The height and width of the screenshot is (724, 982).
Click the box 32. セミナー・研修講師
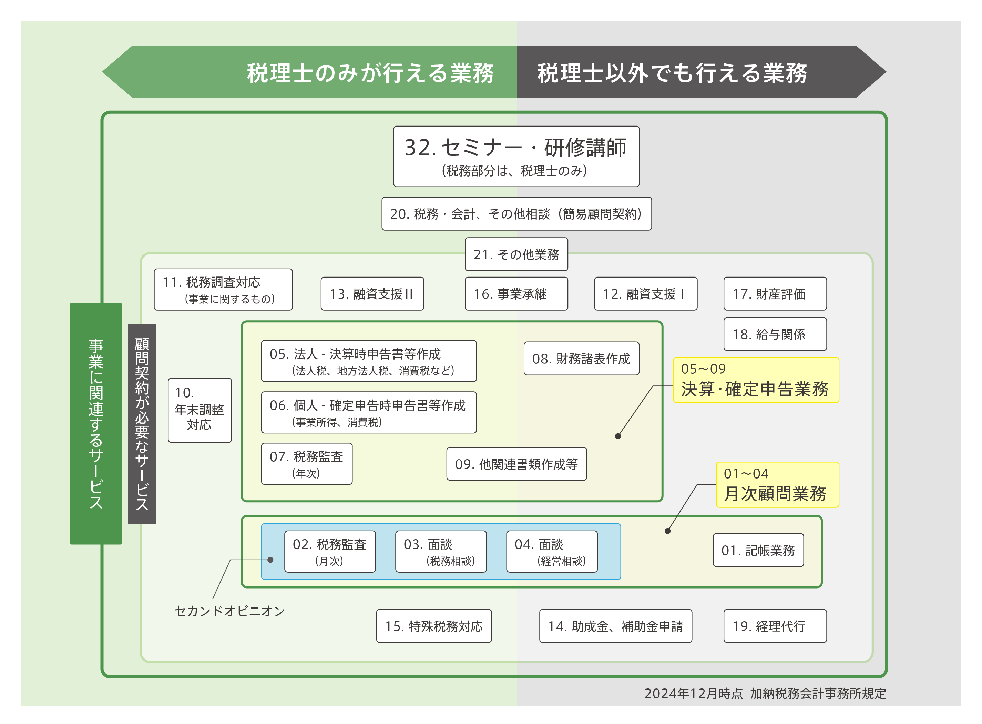[x=516, y=156]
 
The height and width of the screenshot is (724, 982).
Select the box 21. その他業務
[x=516, y=254]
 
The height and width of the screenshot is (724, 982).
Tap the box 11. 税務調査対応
[x=223, y=289]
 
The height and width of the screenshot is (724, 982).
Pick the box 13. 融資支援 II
[x=372, y=294]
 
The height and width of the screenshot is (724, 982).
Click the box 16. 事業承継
[x=516, y=294]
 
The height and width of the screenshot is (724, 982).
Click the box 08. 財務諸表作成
[x=581, y=359]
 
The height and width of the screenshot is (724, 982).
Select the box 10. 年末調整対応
[x=200, y=410]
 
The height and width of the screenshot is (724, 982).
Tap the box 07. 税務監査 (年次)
[x=307, y=464]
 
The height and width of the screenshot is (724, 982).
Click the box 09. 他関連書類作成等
[x=516, y=464]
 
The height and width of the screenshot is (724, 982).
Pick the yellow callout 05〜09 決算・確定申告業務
[x=756, y=380]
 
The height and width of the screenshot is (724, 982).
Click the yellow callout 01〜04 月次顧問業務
[x=777, y=485]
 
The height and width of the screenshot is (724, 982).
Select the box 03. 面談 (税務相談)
[x=441, y=551]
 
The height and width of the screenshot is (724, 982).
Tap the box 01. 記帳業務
[x=758, y=550]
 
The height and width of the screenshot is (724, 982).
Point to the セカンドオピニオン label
[x=229, y=611]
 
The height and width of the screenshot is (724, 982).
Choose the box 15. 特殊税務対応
[x=433, y=626]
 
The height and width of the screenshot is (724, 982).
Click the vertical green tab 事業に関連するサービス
[x=96, y=423]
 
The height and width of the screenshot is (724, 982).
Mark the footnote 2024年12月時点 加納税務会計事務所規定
[x=765, y=693]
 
